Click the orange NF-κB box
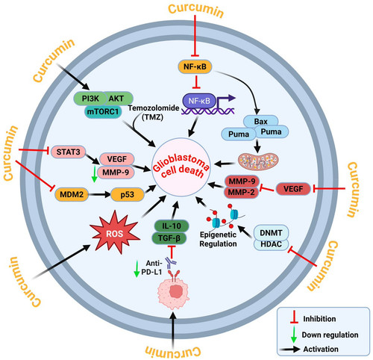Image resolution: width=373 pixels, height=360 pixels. click(x=195, y=66)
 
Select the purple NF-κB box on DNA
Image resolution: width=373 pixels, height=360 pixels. click(x=199, y=101)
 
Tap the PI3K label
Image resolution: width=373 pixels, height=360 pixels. click(x=90, y=99)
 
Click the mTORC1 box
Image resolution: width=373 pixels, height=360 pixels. click(x=103, y=111)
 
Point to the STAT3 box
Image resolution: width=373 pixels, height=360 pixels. click(x=68, y=152)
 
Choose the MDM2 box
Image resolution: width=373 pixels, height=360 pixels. click(x=72, y=194)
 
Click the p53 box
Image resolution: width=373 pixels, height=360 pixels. click(x=128, y=194)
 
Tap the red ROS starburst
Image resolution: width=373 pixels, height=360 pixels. click(x=115, y=233)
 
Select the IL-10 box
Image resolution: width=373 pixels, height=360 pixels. click(x=172, y=226)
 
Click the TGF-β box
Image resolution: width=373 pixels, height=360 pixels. click(x=169, y=238)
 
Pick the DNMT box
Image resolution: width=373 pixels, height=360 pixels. click(x=271, y=233)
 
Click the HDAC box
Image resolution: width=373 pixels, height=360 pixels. click(x=271, y=244)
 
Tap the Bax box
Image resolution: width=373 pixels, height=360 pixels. click(x=260, y=122)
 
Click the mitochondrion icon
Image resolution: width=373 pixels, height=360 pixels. click(x=258, y=161)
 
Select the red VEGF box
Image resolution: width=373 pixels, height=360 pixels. click(x=293, y=189)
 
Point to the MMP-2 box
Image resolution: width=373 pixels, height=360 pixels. click(x=242, y=193)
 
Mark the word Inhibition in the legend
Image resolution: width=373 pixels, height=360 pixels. click(x=319, y=319)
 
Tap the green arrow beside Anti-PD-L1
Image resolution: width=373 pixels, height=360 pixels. click(x=137, y=269)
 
